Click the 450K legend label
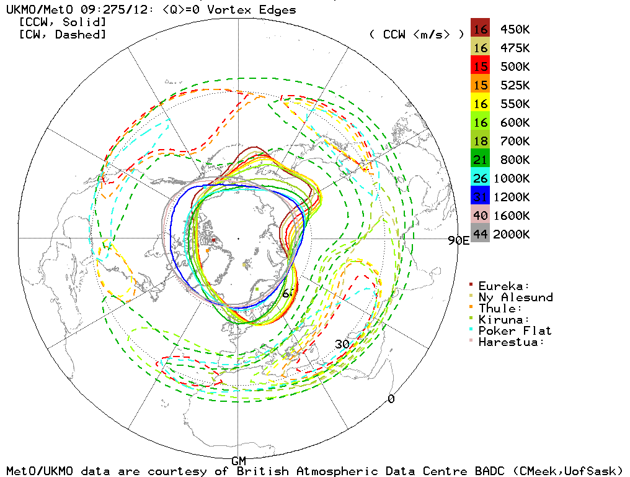coord(512,29)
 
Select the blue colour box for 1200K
coord(480,197)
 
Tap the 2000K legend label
coord(512,234)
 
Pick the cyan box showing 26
coord(480,178)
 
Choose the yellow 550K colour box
coord(480,104)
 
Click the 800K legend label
coord(512,160)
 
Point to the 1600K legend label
coord(512,216)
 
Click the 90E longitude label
coord(458,241)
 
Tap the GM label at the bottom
coord(239,461)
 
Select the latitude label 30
coord(343,344)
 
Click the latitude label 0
coord(391,399)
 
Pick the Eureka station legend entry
coord(504,286)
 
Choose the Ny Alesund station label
coord(515,297)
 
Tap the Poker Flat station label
coord(515,330)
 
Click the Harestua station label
coord(512,342)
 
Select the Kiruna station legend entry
coord(504,319)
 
